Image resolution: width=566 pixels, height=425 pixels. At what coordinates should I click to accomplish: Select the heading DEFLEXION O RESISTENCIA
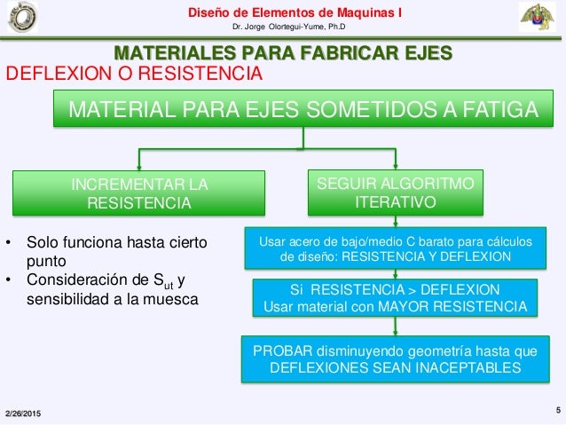134,73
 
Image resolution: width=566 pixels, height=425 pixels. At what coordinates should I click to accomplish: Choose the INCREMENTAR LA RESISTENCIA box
138,194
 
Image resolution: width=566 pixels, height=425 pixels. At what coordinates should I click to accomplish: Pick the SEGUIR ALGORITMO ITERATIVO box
395,193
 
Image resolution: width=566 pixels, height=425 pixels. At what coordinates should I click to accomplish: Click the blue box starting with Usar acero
396,248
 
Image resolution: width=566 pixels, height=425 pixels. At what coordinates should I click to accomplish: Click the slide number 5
557,410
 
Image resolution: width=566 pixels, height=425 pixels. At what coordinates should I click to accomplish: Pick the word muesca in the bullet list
175,299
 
